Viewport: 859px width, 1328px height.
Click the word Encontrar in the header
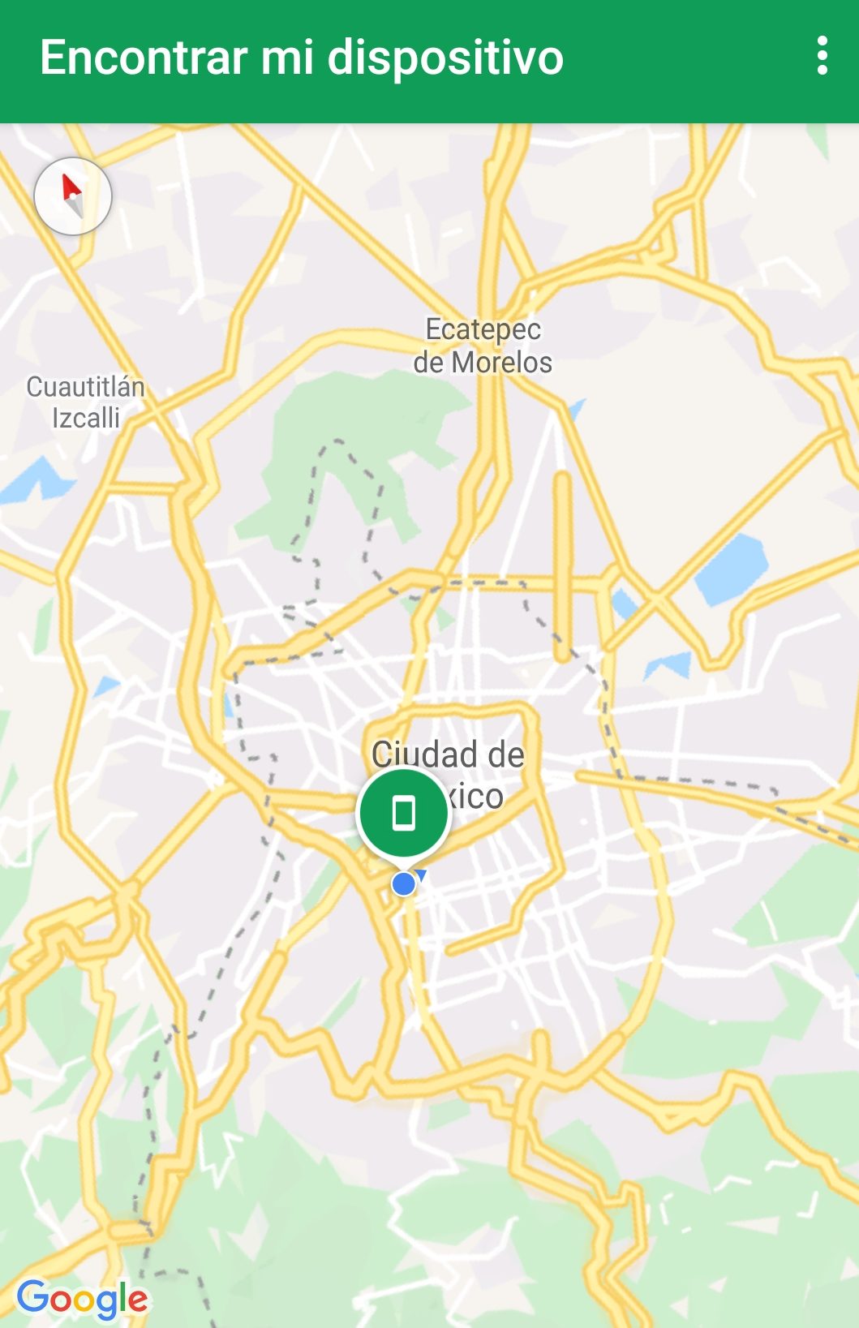coord(144,58)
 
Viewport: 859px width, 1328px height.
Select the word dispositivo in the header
coord(445,59)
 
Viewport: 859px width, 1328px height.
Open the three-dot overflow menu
coord(822,56)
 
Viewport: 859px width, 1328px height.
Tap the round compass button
coord(73,196)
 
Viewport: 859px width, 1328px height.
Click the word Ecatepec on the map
coord(483,329)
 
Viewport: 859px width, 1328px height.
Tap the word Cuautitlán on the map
coord(85,387)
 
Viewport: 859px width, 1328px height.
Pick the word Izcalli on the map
coord(86,419)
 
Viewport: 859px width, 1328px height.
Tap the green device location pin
coord(403,813)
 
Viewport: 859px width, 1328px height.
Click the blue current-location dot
coord(403,883)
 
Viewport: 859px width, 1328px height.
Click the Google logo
coord(82,1300)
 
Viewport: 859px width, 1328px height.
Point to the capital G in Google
coord(32,1296)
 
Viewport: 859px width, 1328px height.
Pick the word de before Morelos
coord(428,363)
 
